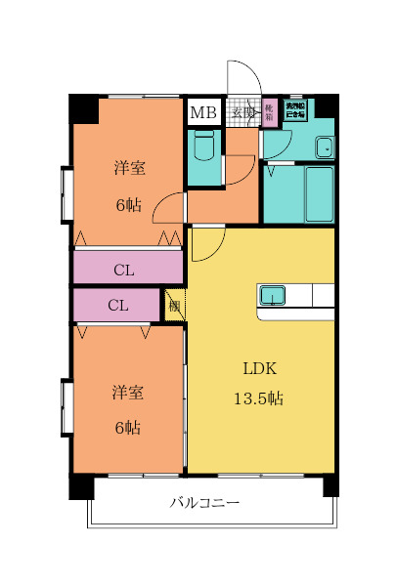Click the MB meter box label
[203, 112]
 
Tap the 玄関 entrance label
[242, 112]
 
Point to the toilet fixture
[204, 147]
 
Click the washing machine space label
[294, 109]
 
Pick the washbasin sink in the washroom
[324, 148]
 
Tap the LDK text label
[261, 368]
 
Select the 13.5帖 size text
[261, 398]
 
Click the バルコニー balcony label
[204, 504]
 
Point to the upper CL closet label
[124, 269]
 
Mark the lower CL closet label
[117, 305]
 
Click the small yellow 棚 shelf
[174, 306]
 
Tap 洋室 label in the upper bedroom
[128, 169]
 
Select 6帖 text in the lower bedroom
[127, 428]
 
